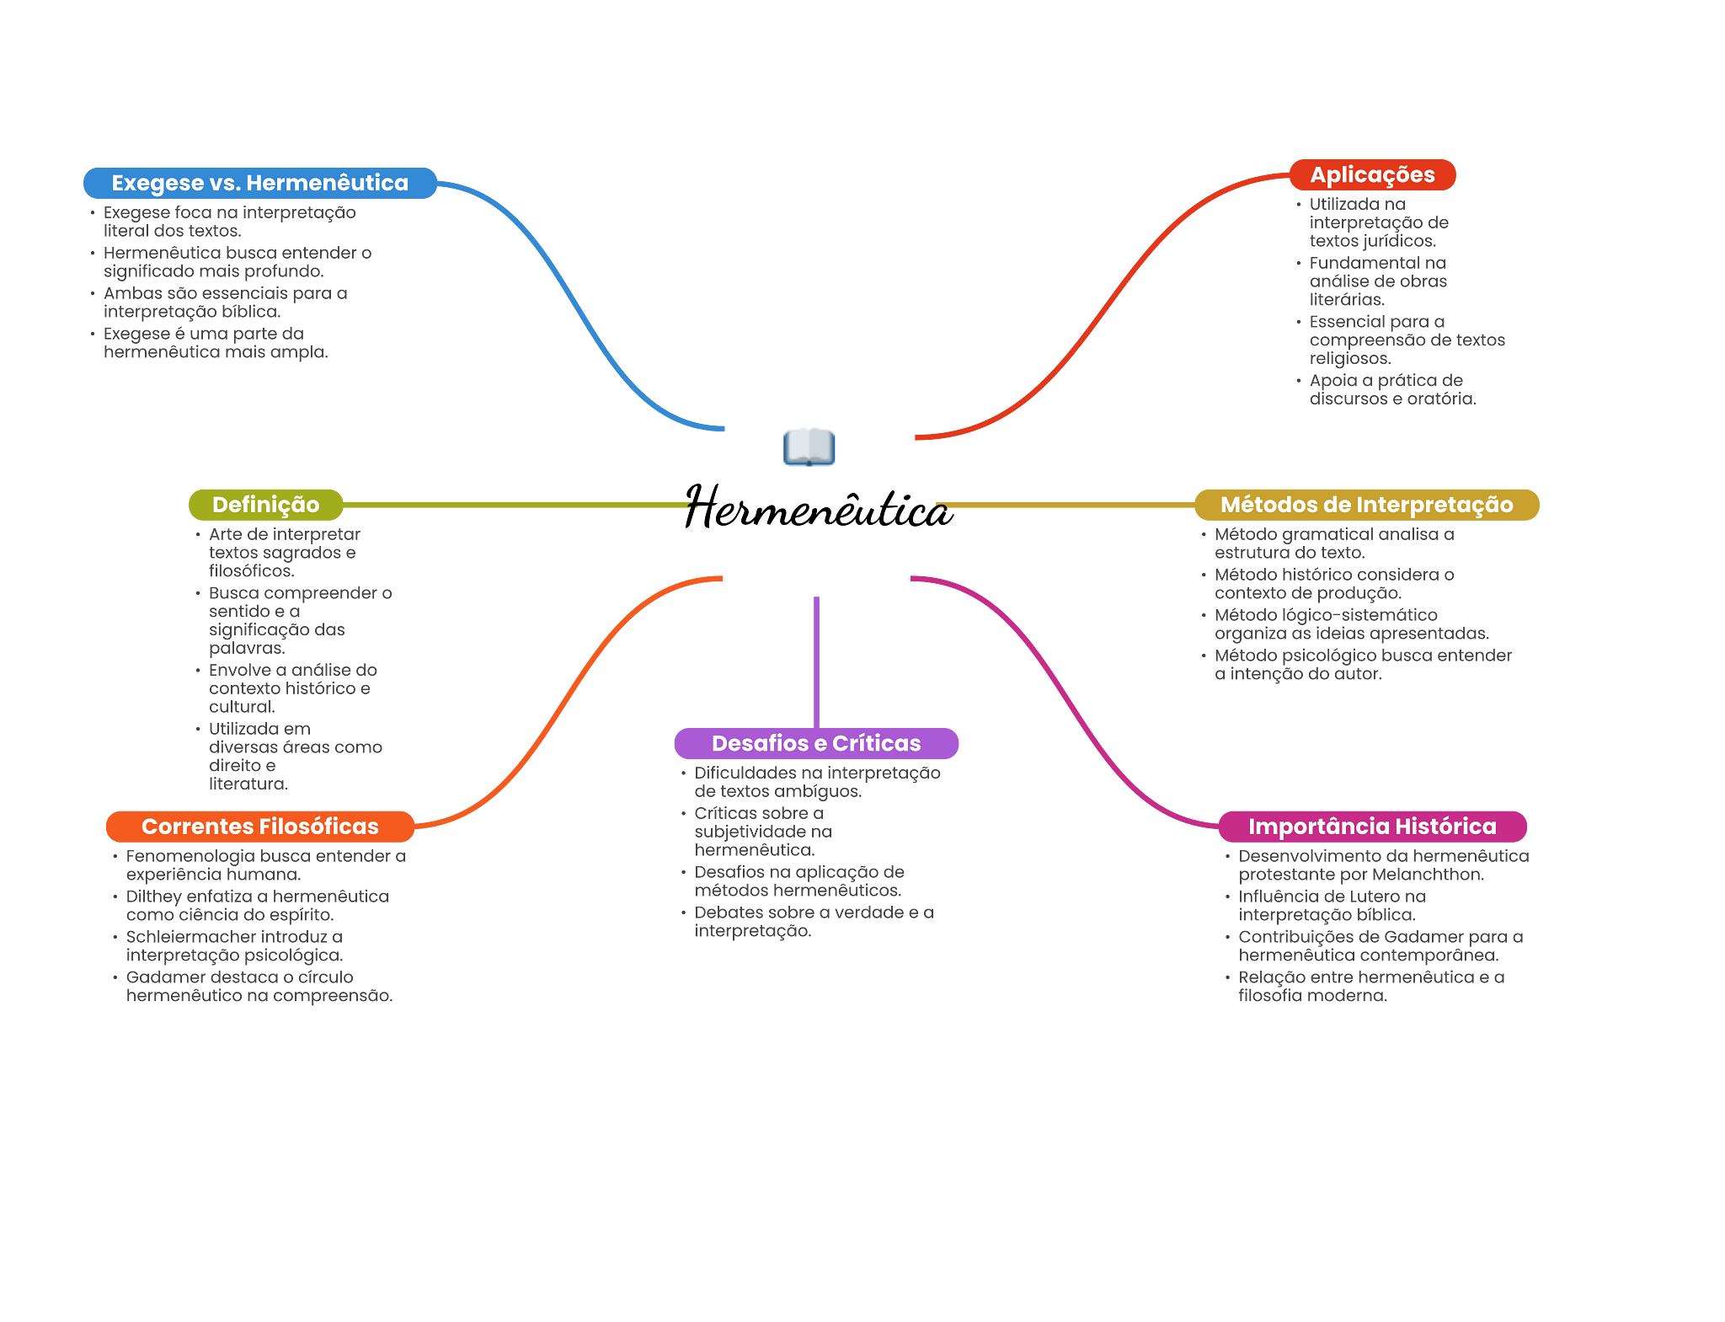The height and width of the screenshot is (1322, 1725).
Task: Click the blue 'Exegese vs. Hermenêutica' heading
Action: pyautogui.click(x=259, y=183)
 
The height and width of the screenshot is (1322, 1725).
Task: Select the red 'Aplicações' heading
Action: pyautogui.click(x=1372, y=174)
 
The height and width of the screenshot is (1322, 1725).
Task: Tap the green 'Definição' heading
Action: pyautogui.click(x=265, y=505)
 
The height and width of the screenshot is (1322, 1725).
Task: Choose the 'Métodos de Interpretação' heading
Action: pyautogui.click(x=1366, y=505)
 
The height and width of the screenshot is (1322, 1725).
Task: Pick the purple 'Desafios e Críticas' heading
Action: pyautogui.click(x=816, y=743)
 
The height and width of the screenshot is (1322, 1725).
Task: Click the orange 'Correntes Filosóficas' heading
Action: pyautogui.click(x=259, y=827)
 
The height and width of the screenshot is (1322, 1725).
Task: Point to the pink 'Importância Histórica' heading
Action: pyautogui.click(x=1372, y=827)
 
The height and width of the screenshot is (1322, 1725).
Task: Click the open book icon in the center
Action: pyautogui.click(x=809, y=447)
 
